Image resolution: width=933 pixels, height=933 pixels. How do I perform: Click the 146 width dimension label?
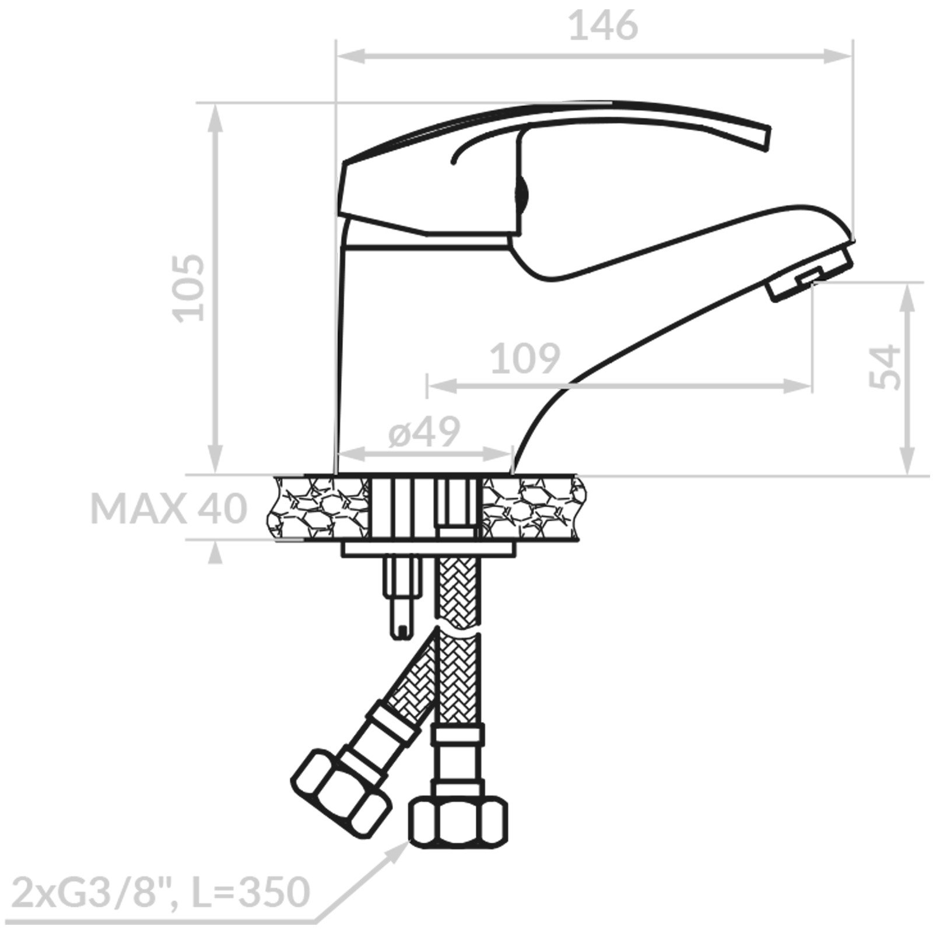603,26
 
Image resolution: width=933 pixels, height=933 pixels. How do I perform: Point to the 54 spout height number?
885,366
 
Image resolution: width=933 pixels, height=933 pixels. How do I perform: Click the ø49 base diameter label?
425,432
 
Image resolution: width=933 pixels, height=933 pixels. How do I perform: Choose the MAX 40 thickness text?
169,508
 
